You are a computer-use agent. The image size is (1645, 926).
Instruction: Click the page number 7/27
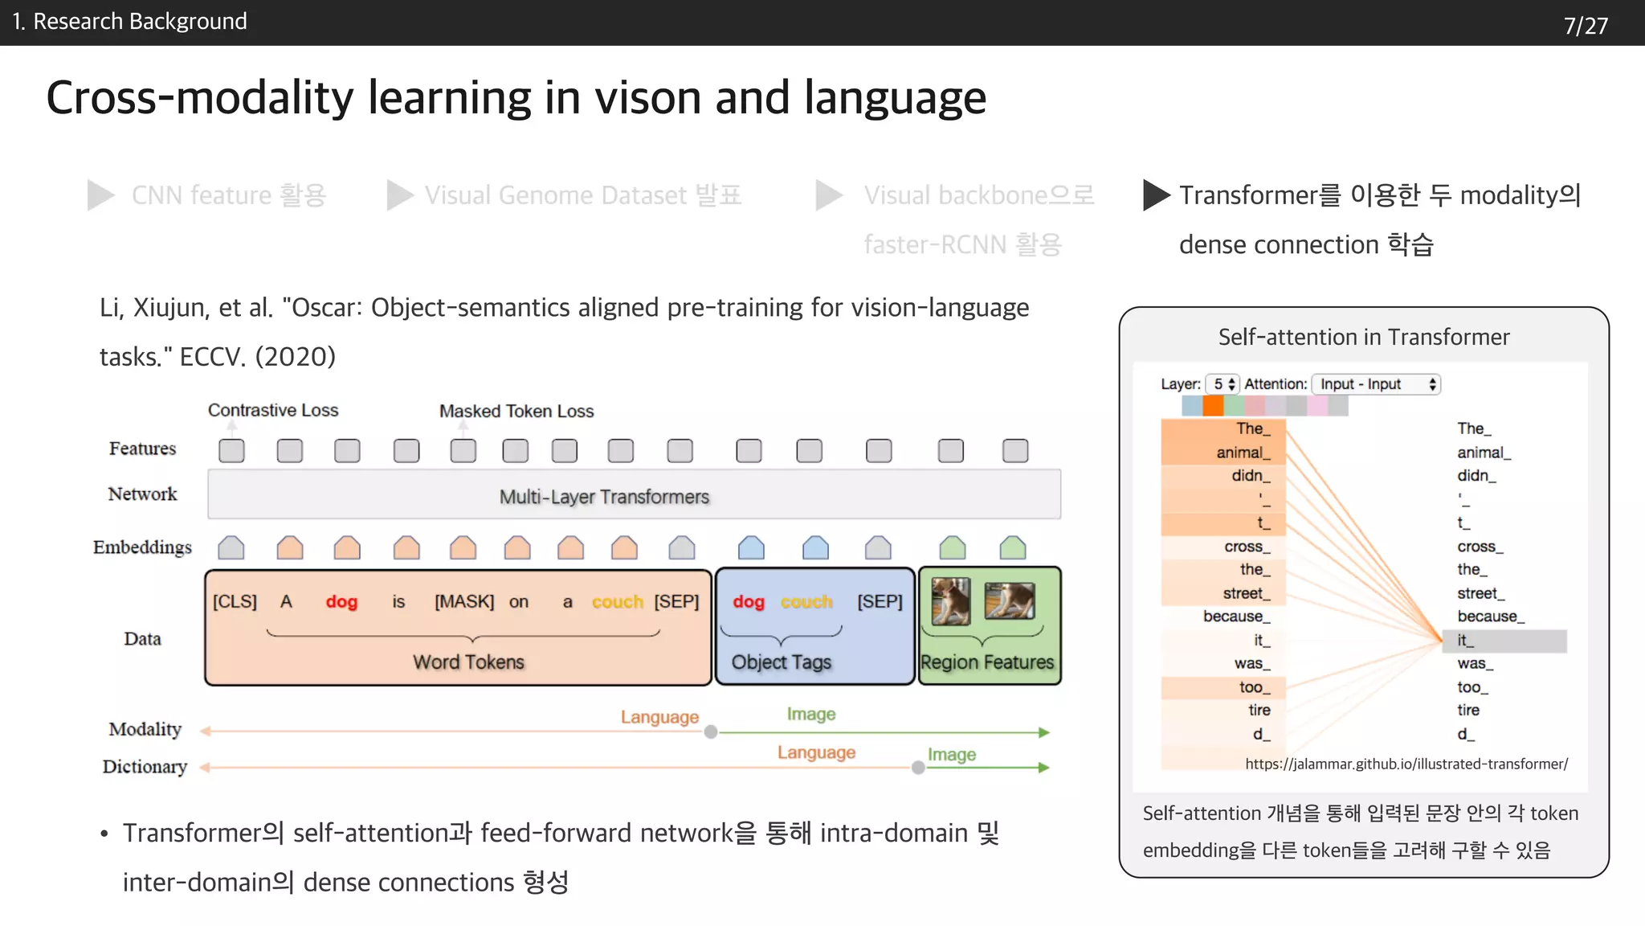pos(1585,26)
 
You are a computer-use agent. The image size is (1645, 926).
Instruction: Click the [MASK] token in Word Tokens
pos(463,601)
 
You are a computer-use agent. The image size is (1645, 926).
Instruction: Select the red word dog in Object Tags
pos(748,601)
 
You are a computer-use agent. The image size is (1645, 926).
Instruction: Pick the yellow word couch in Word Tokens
pos(617,601)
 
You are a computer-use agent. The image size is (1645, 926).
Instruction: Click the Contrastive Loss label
pos(273,410)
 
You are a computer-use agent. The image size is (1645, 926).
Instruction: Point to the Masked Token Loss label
pos(516,411)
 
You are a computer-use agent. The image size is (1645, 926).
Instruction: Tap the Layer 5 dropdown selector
pos(1223,384)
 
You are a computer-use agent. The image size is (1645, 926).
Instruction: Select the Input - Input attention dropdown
pos(1376,384)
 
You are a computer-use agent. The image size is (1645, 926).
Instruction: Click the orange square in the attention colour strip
pos(1213,406)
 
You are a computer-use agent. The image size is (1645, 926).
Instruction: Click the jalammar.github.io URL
pos(1406,764)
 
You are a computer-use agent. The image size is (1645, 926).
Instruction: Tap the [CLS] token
pos(235,601)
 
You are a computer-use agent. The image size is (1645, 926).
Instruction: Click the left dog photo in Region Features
pos(951,601)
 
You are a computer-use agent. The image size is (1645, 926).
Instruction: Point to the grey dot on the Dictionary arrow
pos(918,768)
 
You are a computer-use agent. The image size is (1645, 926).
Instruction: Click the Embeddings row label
pos(142,547)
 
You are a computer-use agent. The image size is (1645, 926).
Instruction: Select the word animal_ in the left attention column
pos(1243,453)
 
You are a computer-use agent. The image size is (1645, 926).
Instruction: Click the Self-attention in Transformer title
pos(1363,337)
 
